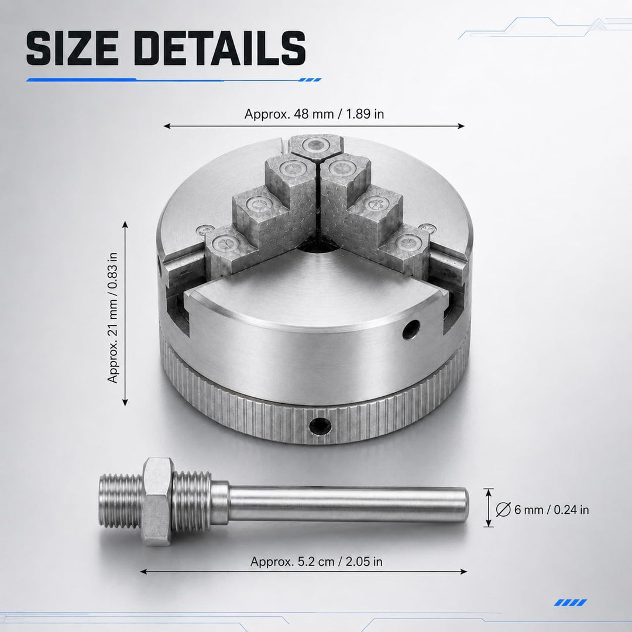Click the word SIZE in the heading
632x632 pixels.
(x=72, y=48)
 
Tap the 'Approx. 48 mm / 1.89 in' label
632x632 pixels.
(x=314, y=114)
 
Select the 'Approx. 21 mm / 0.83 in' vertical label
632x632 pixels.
(x=112, y=318)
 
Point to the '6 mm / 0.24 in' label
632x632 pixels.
(x=551, y=510)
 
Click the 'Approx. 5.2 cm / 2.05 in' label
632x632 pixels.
(x=317, y=561)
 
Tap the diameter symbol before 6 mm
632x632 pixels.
(x=503, y=510)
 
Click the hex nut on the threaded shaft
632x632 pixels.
(x=158, y=502)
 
